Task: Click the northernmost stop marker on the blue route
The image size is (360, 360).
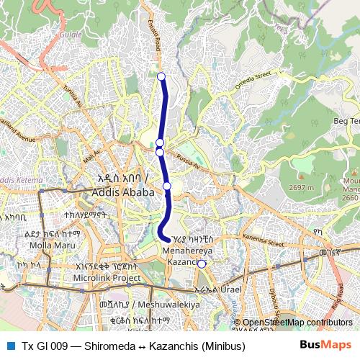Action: tap(161, 76)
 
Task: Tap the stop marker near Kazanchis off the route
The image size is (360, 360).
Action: tap(202, 264)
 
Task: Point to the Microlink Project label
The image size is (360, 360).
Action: tap(107, 277)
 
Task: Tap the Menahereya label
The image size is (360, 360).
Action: tap(186, 251)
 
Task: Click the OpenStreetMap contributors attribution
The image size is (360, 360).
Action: tap(297, 323)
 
